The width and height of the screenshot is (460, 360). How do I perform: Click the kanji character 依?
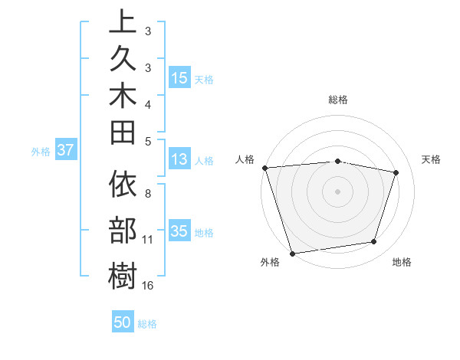coord(123,186)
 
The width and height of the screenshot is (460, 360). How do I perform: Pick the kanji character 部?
coord(123,230)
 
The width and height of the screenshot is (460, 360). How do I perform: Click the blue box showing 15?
coord(179,78)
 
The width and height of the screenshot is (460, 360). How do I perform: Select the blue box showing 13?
coord(179,159)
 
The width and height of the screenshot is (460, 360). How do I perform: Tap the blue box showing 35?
coord(179,231)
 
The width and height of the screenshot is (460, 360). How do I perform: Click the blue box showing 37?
coord(65,151)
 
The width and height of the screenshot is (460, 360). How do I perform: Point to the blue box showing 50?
coord(123,322)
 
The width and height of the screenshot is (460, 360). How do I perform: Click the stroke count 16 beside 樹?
coord(148,286)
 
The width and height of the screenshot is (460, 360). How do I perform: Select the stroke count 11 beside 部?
coord(148,240)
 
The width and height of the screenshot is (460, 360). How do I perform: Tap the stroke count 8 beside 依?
coord(148,194)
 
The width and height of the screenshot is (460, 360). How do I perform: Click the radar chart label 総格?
coord(338,100)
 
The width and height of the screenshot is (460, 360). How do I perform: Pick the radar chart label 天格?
coord(432,159)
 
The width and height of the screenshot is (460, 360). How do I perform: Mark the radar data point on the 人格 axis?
coord(264,167)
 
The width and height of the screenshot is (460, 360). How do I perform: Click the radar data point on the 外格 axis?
coord(292,253)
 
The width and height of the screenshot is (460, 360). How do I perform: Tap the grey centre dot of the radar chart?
coord(338,191)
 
